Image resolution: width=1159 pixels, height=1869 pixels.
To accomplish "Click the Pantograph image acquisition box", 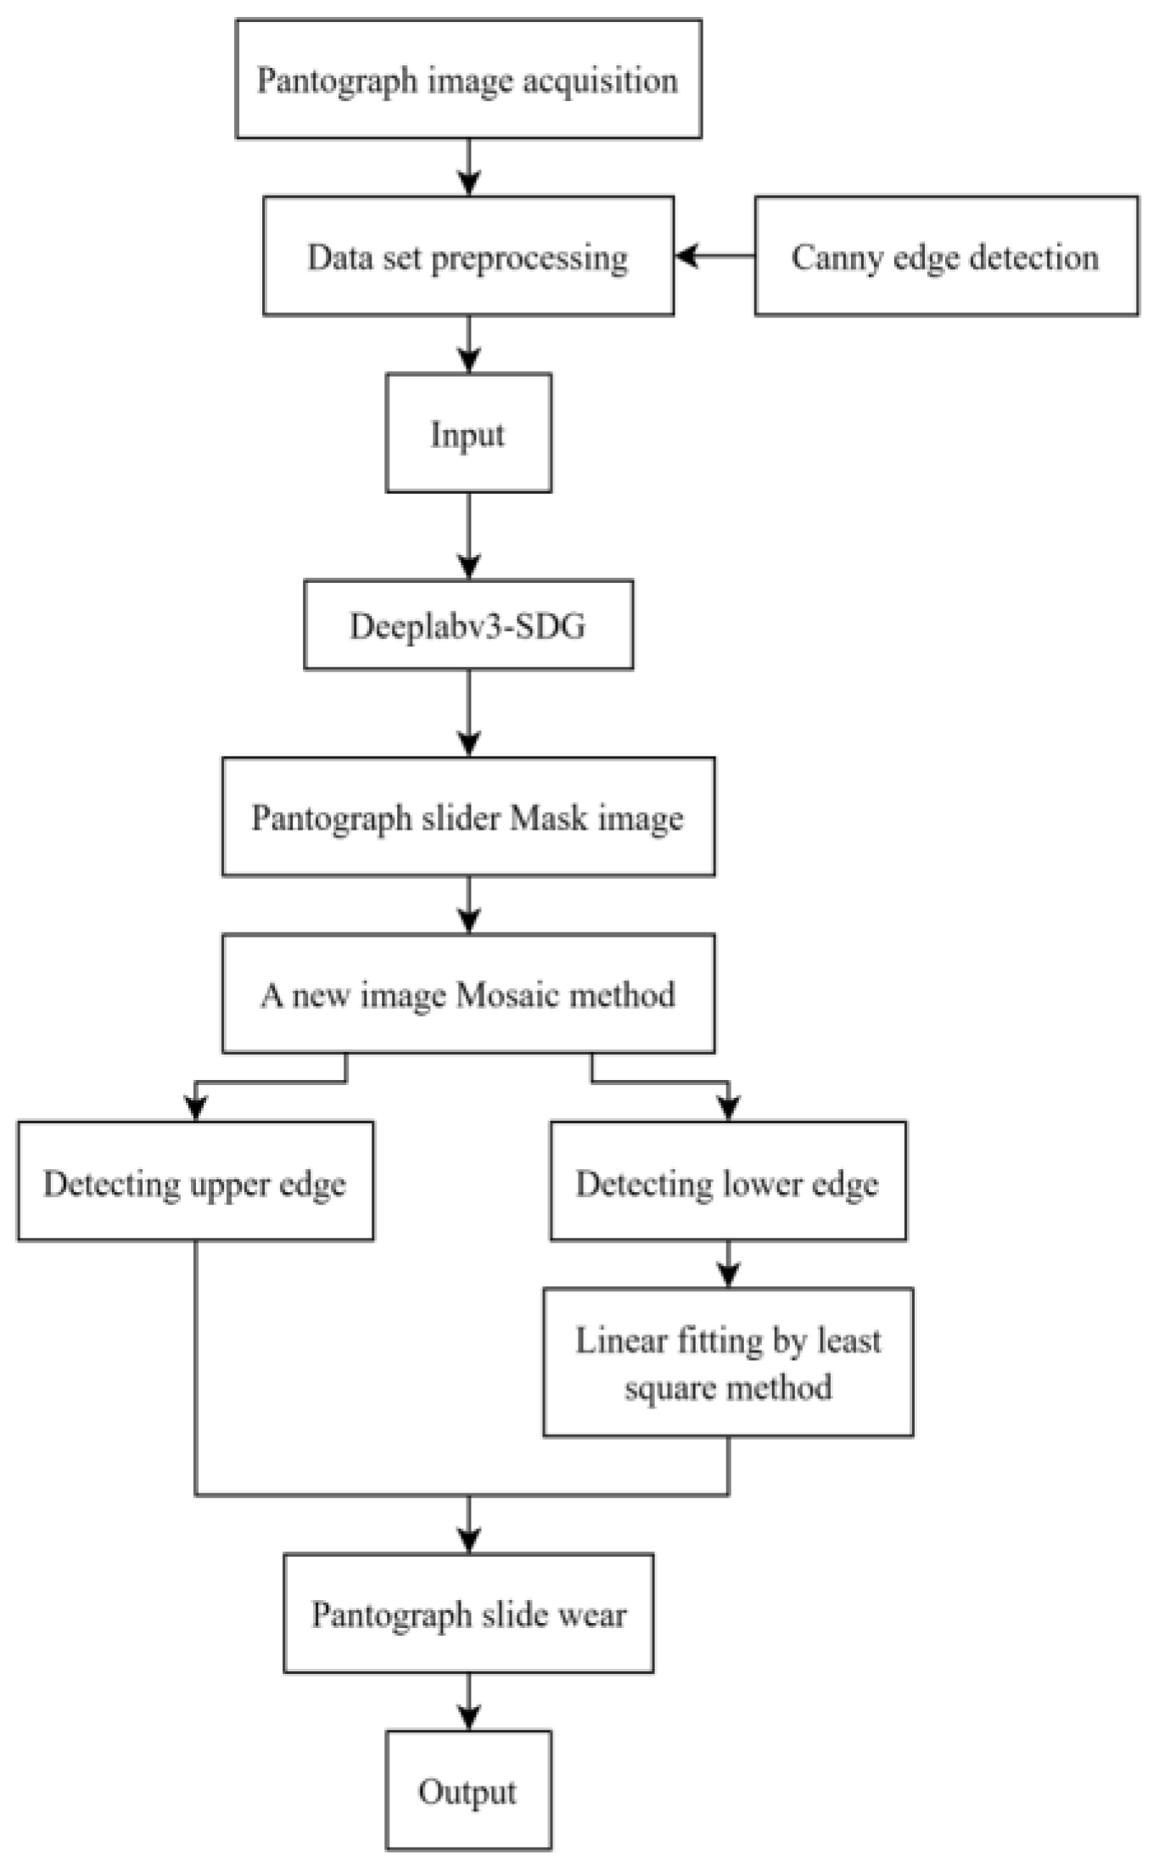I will [x=468, y=79].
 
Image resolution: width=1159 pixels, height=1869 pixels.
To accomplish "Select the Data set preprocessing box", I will [x=468, y=256].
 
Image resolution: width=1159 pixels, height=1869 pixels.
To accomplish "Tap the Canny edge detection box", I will [x=946, y=256].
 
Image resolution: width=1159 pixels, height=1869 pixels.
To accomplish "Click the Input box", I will [x=468, y=434].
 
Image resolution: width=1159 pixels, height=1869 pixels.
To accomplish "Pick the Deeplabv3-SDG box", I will [x=468, y=625].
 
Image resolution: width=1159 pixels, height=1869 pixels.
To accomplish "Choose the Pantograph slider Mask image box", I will [x=468, y=817].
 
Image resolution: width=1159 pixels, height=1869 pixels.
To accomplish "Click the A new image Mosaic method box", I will [x=468, y=993].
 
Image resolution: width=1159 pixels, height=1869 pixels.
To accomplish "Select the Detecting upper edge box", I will [x=195, y=1182].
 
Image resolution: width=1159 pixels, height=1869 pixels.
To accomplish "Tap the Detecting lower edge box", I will [x=728, y=1182].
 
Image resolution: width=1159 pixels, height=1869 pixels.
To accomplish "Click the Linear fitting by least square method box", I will [x=728, y=1363].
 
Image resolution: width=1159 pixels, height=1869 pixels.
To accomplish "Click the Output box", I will [x=468, y=1791].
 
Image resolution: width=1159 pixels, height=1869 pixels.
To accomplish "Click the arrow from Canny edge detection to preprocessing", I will [x=715, y=255].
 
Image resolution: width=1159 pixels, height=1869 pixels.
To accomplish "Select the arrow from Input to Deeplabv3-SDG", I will [x=468, y=534].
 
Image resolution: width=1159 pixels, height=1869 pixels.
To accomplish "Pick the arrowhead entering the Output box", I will [x=468, y=1717].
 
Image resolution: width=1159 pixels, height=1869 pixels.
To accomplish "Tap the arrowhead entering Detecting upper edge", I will [x=196, y=1108].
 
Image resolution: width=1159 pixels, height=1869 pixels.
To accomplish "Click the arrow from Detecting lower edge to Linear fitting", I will [x=728, y=1263].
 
